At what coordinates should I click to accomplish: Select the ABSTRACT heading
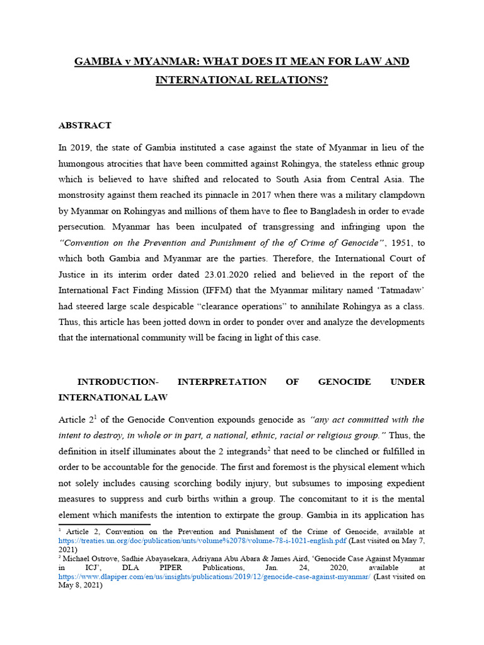84,125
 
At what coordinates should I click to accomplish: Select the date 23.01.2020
206,274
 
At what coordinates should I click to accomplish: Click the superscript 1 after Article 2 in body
95,416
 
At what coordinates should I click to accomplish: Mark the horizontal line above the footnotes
104,524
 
